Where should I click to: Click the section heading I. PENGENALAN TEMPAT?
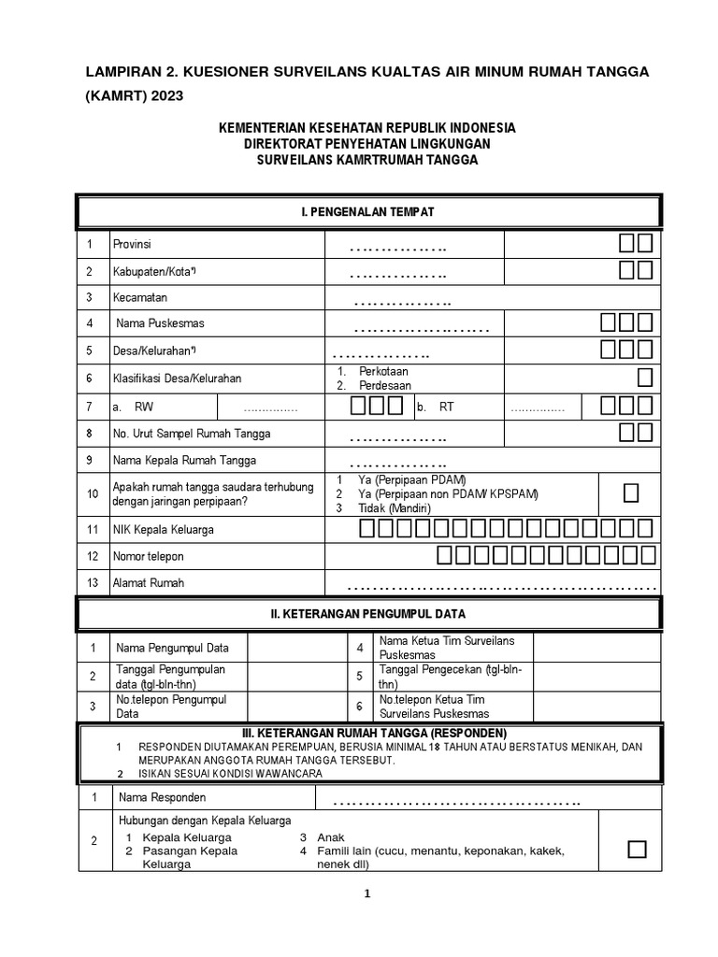coord(367,212)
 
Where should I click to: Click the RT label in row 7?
coord(446,407)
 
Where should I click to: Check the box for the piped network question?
coord(631,493)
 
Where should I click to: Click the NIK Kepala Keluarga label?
coord(164,530)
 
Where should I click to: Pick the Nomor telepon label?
coord(148,556)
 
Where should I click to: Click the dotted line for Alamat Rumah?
coord(500,587)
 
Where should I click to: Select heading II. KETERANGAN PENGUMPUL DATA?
coord(367,614)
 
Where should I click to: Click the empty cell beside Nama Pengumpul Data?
coord(295,648)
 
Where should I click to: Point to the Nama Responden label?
coord(162,797)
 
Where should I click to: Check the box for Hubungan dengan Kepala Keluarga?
coord(637,849)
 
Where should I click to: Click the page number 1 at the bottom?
coord(367,894)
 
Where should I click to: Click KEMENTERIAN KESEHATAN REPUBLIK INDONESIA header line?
coord(367,128)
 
